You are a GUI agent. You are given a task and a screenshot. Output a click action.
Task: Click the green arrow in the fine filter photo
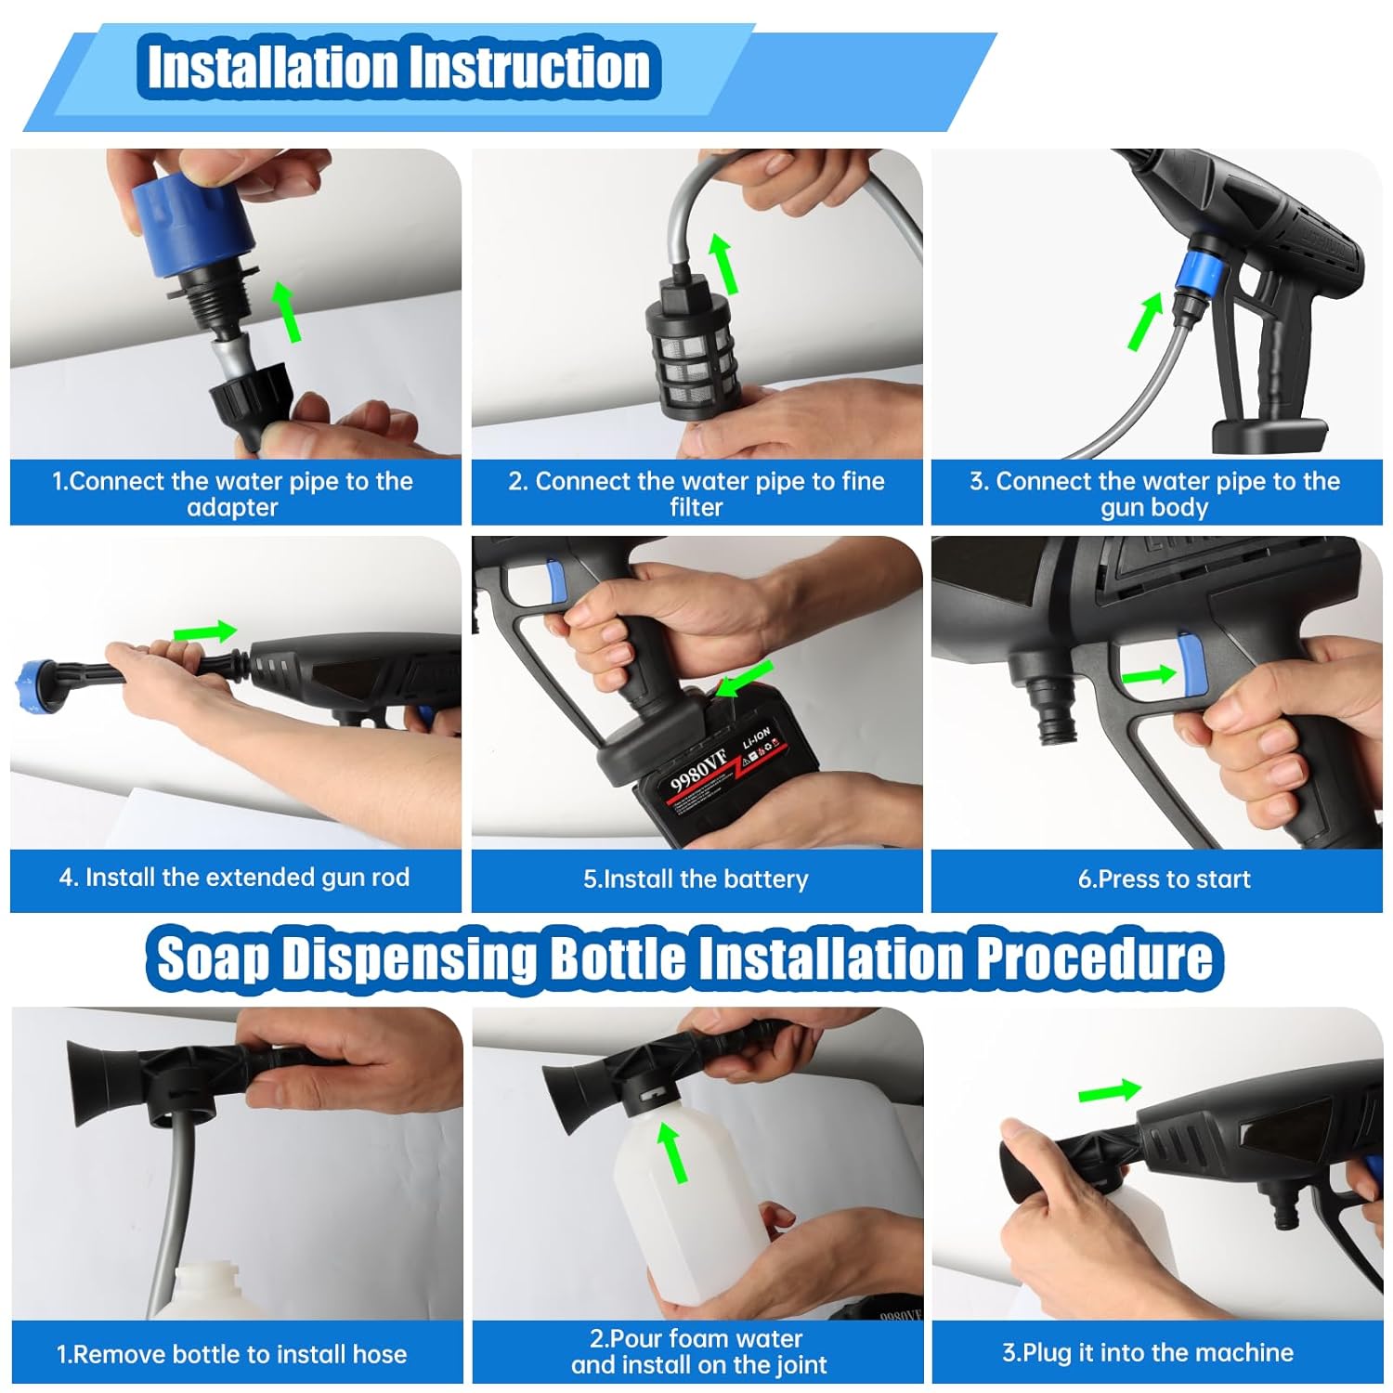pyautogui.click(x=722, y=264)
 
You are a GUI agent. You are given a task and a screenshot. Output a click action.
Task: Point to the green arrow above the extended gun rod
pyautogui.click(x=205, y=632)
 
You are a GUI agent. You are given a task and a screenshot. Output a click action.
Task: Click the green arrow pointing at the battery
pyautogui.click(x=746, y=679)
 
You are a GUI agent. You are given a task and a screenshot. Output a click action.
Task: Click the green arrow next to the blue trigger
pyautogui.click(x=1149, y=674)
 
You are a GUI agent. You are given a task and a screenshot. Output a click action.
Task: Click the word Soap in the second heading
pyautogui.click(x=213, y=958)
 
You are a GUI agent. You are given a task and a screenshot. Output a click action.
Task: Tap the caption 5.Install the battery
pyautogui.click(x=696, y=879)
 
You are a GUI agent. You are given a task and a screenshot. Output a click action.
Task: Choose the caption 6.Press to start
pyautogui.click(x=1164, y=879)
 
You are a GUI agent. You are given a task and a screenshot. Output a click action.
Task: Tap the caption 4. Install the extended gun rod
pyautogui.click(x=234, y=878)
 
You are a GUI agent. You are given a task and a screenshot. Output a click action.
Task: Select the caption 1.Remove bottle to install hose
pyautogui.click(x=232, y=1354)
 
